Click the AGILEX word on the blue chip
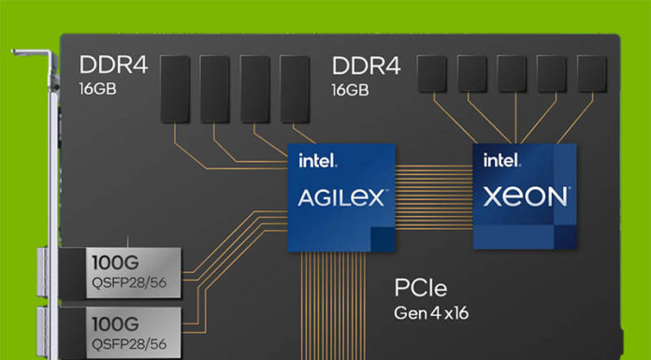click(340, 198)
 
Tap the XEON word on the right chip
click(527, 196)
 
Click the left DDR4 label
click(110, 66)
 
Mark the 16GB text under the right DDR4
click(350, 90)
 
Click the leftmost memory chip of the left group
click(174, 88)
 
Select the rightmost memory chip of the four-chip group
click(295, 88)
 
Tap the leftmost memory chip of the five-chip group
click(430, 73)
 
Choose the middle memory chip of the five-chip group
click(511, 73)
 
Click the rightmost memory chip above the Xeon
click(591, 73)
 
